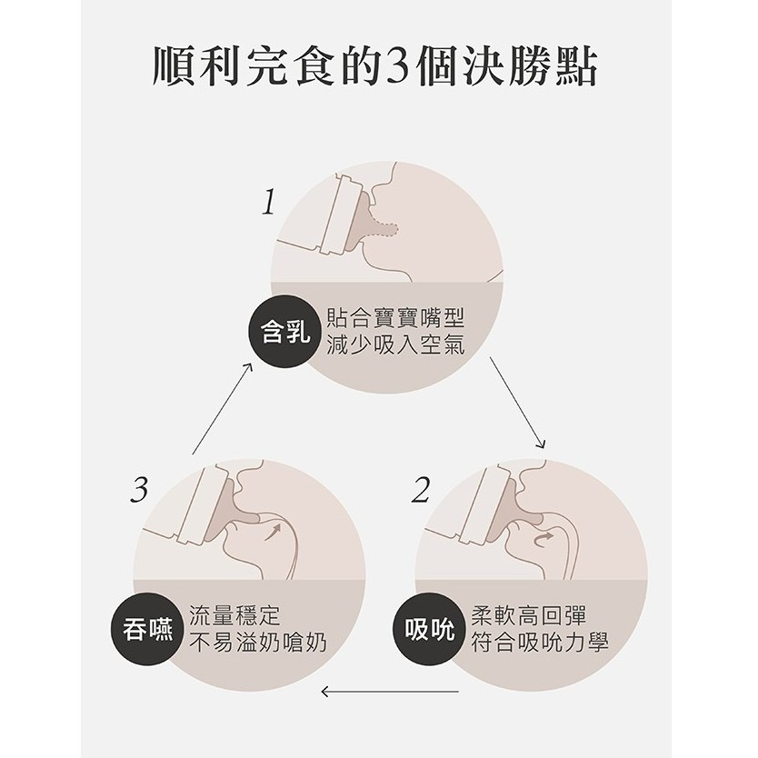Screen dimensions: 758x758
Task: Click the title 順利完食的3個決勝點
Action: click(375, 66)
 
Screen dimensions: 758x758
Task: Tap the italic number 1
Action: click(269, 202)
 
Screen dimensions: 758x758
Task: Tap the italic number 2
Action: click(421, 490)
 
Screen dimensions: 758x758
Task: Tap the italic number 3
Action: click(139, 490)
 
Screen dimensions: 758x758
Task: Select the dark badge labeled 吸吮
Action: click(430, 630)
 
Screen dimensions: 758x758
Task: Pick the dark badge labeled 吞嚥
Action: click(148, 630)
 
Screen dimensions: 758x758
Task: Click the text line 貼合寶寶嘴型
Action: click(395, 317)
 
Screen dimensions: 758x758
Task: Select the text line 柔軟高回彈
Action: click(528, 615)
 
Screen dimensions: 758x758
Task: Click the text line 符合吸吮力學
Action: click(540, 643)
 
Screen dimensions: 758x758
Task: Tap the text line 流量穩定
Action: click(234, 615)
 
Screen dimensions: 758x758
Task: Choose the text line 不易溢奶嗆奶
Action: click(257, 643)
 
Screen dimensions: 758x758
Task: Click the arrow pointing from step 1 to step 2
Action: click(517, 404)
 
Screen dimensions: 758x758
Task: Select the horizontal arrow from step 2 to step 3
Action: click(390, 692)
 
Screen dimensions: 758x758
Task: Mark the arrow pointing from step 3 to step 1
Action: click(222, 410)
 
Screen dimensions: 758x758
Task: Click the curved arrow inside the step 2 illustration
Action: click(543, 539)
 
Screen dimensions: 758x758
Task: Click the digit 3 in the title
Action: click(394, 67)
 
